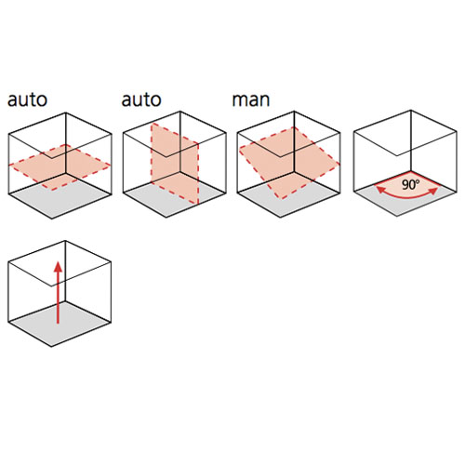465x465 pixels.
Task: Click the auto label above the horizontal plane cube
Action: coord(27,100)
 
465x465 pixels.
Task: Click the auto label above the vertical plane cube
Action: coord(141,100)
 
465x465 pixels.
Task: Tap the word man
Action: coord(251,100)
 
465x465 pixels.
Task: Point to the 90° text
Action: coord(410,185)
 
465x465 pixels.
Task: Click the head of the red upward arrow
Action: coord(58,267)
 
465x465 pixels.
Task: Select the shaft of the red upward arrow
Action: coord(58,299)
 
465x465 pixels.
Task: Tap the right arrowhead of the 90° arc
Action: coord(433,191)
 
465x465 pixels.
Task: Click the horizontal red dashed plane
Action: coord(60,167)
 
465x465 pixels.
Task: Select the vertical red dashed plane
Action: coord(175,164)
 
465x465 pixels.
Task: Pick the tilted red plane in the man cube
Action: coord(289,163)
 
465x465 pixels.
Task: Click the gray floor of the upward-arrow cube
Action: coord(60,324)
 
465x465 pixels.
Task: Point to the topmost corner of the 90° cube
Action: coord(411,111)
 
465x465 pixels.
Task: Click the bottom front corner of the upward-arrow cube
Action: coord(51,346)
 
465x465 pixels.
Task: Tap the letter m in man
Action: coord(239,101)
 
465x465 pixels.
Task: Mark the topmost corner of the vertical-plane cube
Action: coord(180,112)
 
